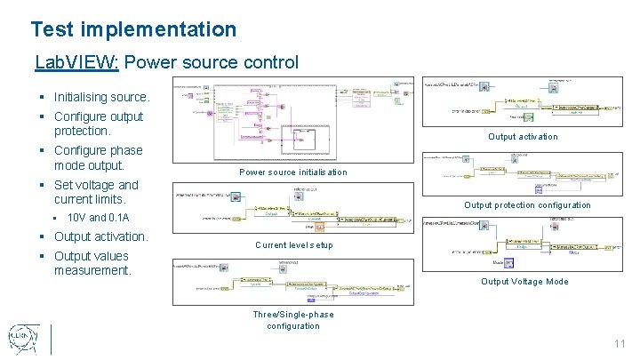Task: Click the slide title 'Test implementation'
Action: (x=133, y=29)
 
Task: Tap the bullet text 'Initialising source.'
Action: (x=102, y=96)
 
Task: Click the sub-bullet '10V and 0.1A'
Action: (x=98, y=218)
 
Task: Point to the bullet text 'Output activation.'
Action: (x=101, y=236)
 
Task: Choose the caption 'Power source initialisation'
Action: (x=292, y=172)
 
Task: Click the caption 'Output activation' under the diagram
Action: (x=523, y=137)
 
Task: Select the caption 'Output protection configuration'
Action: (x=527, y=205)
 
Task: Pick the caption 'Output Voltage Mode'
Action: (x=524, y=282)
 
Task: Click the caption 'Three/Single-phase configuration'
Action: (x=292, y=320)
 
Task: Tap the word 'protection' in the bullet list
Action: (x=86, y=131)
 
